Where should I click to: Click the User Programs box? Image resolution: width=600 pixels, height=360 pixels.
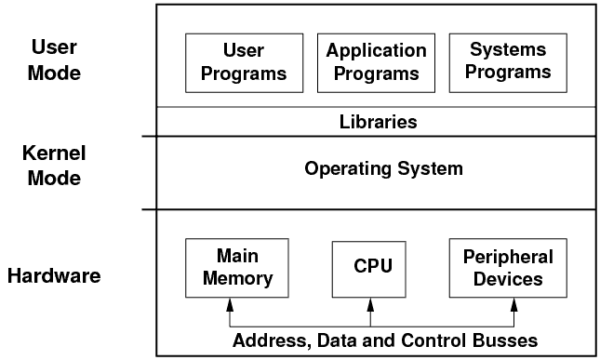tap(244, 61)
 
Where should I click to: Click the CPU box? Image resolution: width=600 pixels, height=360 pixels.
tap(372, 267)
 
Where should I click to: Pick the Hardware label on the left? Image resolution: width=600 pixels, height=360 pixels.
tap(53, 275)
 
